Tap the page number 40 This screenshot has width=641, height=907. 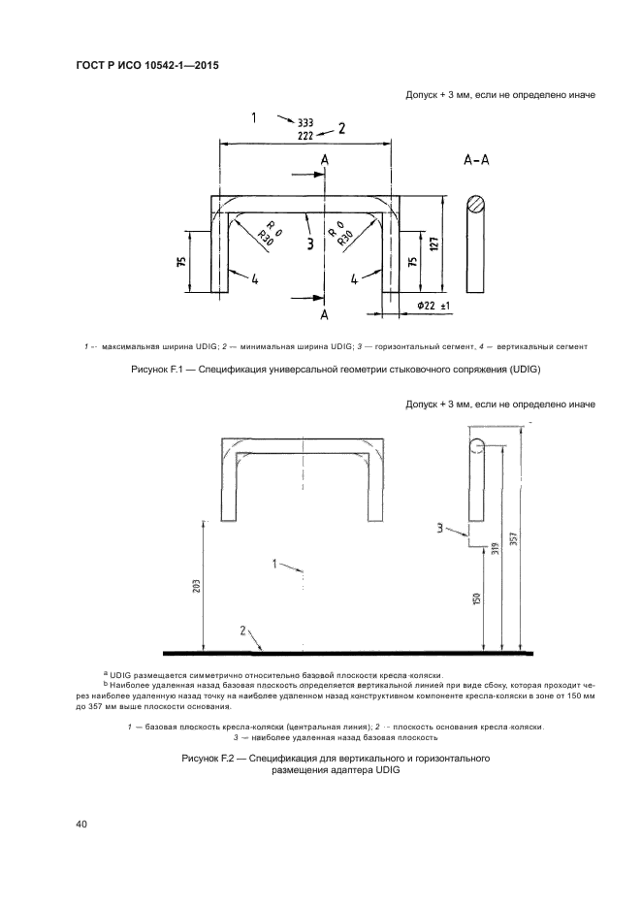click(x=81, y=825)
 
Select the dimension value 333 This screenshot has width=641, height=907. click(x=305, y=123)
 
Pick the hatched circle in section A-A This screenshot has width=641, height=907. click(x=476, y=205)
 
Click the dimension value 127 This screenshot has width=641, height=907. click(x=435, y=243)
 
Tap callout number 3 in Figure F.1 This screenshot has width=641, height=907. click(x=309, y=245)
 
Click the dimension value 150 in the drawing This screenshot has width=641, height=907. click(x=477, y=598)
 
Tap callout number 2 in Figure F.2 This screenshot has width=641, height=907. click(x=243, y=632)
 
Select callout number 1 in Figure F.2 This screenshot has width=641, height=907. click(x=275, y=563)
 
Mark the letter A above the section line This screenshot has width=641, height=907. click(x=324, y=159)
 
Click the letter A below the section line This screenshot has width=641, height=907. click(x=324, y=315)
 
